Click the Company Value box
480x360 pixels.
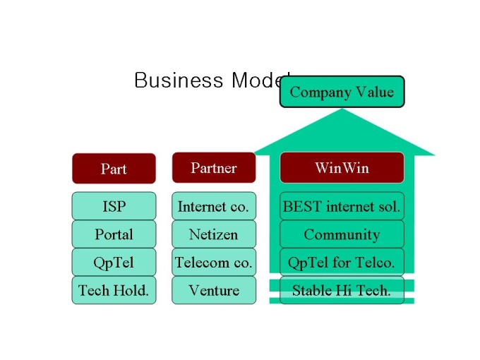coord(342,92)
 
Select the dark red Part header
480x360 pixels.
coord(114,169)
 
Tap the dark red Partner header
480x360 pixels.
coord(214,168)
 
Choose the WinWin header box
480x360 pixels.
coord(342,168)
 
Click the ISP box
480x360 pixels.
coord(114,206)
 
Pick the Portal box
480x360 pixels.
coord(114,234)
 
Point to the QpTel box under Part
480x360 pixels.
coord(114,263)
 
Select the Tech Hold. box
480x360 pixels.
coord(114,290)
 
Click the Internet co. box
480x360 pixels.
coord(214,206)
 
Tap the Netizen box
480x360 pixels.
coord(214,234)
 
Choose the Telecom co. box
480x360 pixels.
coord(214,263)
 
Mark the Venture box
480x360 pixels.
coord(214,290)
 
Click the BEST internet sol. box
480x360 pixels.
coord(342,206)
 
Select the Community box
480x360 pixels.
coord(342,234)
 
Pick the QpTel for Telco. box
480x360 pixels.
coord(342,263)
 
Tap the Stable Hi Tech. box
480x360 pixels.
coord(342,290)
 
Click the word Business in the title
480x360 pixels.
coord(179,80)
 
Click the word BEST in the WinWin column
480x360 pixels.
coord(302,206)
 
